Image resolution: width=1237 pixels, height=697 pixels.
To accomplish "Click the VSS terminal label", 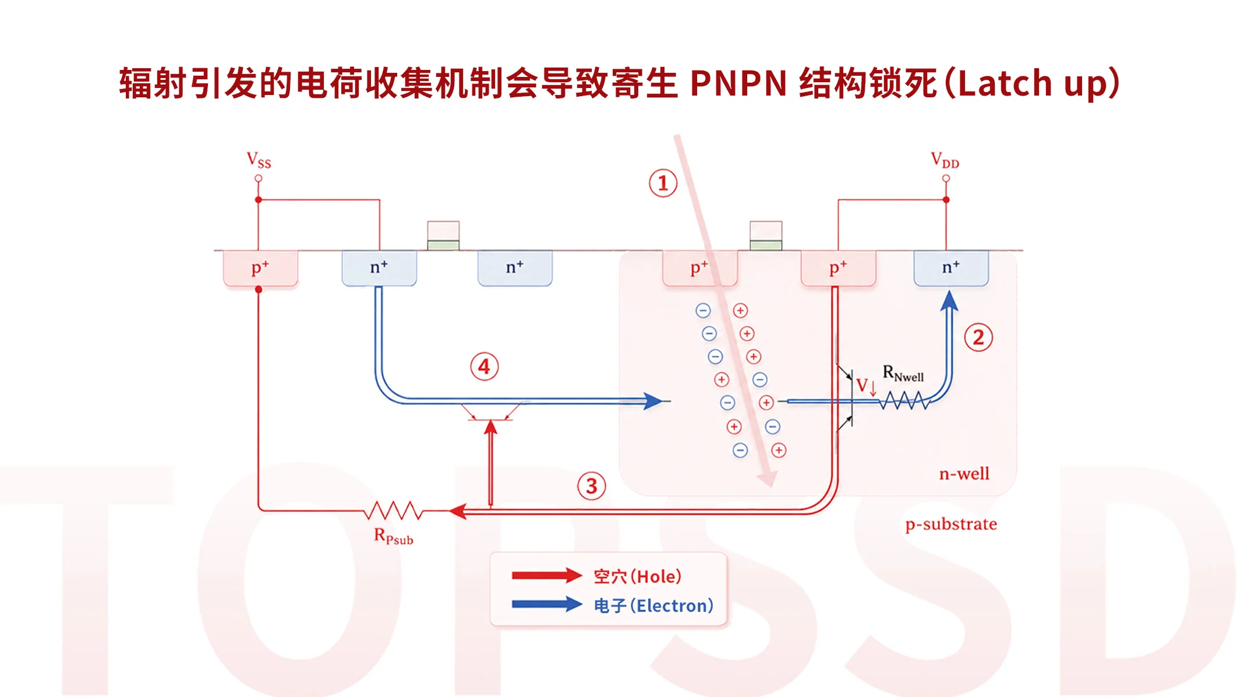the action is pyautogui.click(x=259, y=160).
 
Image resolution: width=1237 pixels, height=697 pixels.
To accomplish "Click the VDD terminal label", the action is pyautogui.click(x=945, y=160).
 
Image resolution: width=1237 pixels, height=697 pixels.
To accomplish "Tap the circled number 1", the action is pyautogui.click(x=663, y=184).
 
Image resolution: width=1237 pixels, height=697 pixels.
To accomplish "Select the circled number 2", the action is pyautogui.click(x=978, y=337).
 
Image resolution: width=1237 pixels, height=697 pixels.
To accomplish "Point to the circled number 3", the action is pyautogui.click(x=592, y=486).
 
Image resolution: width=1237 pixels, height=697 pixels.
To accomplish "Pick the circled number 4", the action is pyautogui.click(x=484, y=367).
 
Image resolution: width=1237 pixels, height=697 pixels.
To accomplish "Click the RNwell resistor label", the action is pyautogui.click(x=903, y=374).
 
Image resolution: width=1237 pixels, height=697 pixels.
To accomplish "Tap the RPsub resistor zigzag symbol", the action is pyautogui.click(x=393, y=511).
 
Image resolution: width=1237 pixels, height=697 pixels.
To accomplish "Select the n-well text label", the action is pyautogui.click(x=964, y=474).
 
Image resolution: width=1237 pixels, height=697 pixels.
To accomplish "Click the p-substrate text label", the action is pyautogui.click(x=951, y=524).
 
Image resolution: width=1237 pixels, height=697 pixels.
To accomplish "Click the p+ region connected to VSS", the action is pyautogui.click(x=260, y=269).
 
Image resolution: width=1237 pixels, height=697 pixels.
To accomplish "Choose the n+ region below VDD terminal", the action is pyautogui.click(x=951, y=268).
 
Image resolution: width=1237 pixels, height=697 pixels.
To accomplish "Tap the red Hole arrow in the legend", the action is pyautogui.click(x=547, y=576).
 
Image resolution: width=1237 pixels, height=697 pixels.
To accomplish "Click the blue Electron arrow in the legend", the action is pyautogui.click(x=547, y=604).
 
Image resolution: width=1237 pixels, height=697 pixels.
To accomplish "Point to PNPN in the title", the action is pyautogui.click(x=738, y=83).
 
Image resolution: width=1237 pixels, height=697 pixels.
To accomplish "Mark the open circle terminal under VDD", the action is pyautogui.click(x=946, y=178).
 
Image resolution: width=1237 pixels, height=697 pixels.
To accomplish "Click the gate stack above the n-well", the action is pyautogui.click(x=766, y=235).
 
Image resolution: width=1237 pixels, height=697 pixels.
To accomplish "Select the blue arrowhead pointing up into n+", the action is pyautogui.click(x=949, y=301).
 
